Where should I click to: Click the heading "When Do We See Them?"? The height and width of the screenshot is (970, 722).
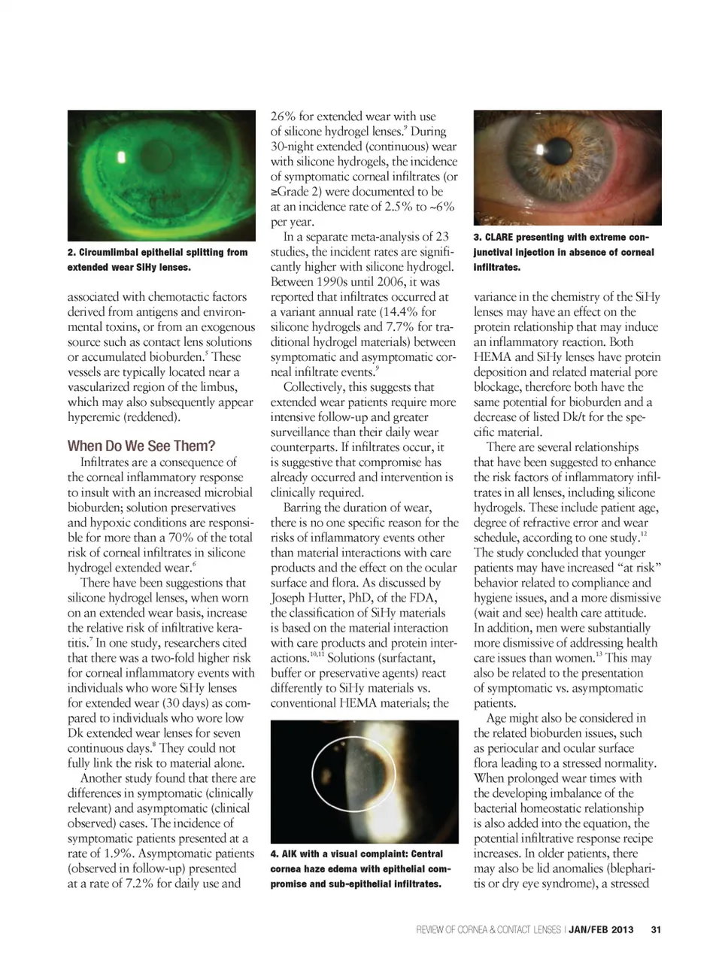click(x=141, y=446)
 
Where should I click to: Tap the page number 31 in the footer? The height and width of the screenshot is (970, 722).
click(x=656, y=930)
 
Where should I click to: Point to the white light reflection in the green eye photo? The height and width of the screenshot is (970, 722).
click(x=121, y=158)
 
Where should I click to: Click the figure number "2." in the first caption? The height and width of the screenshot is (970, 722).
click(x=71, y=253)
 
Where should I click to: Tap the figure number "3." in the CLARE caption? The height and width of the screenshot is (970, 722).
click(x=478, y=238)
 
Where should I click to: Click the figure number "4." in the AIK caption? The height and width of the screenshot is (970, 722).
click(x=275, y=854)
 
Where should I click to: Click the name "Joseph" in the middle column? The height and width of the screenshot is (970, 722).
click(x=290, y=598)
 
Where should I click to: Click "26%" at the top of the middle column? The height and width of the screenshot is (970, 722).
click(x=284, y=117)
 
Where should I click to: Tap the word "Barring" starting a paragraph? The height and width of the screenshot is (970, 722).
click(x=305, y=508)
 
